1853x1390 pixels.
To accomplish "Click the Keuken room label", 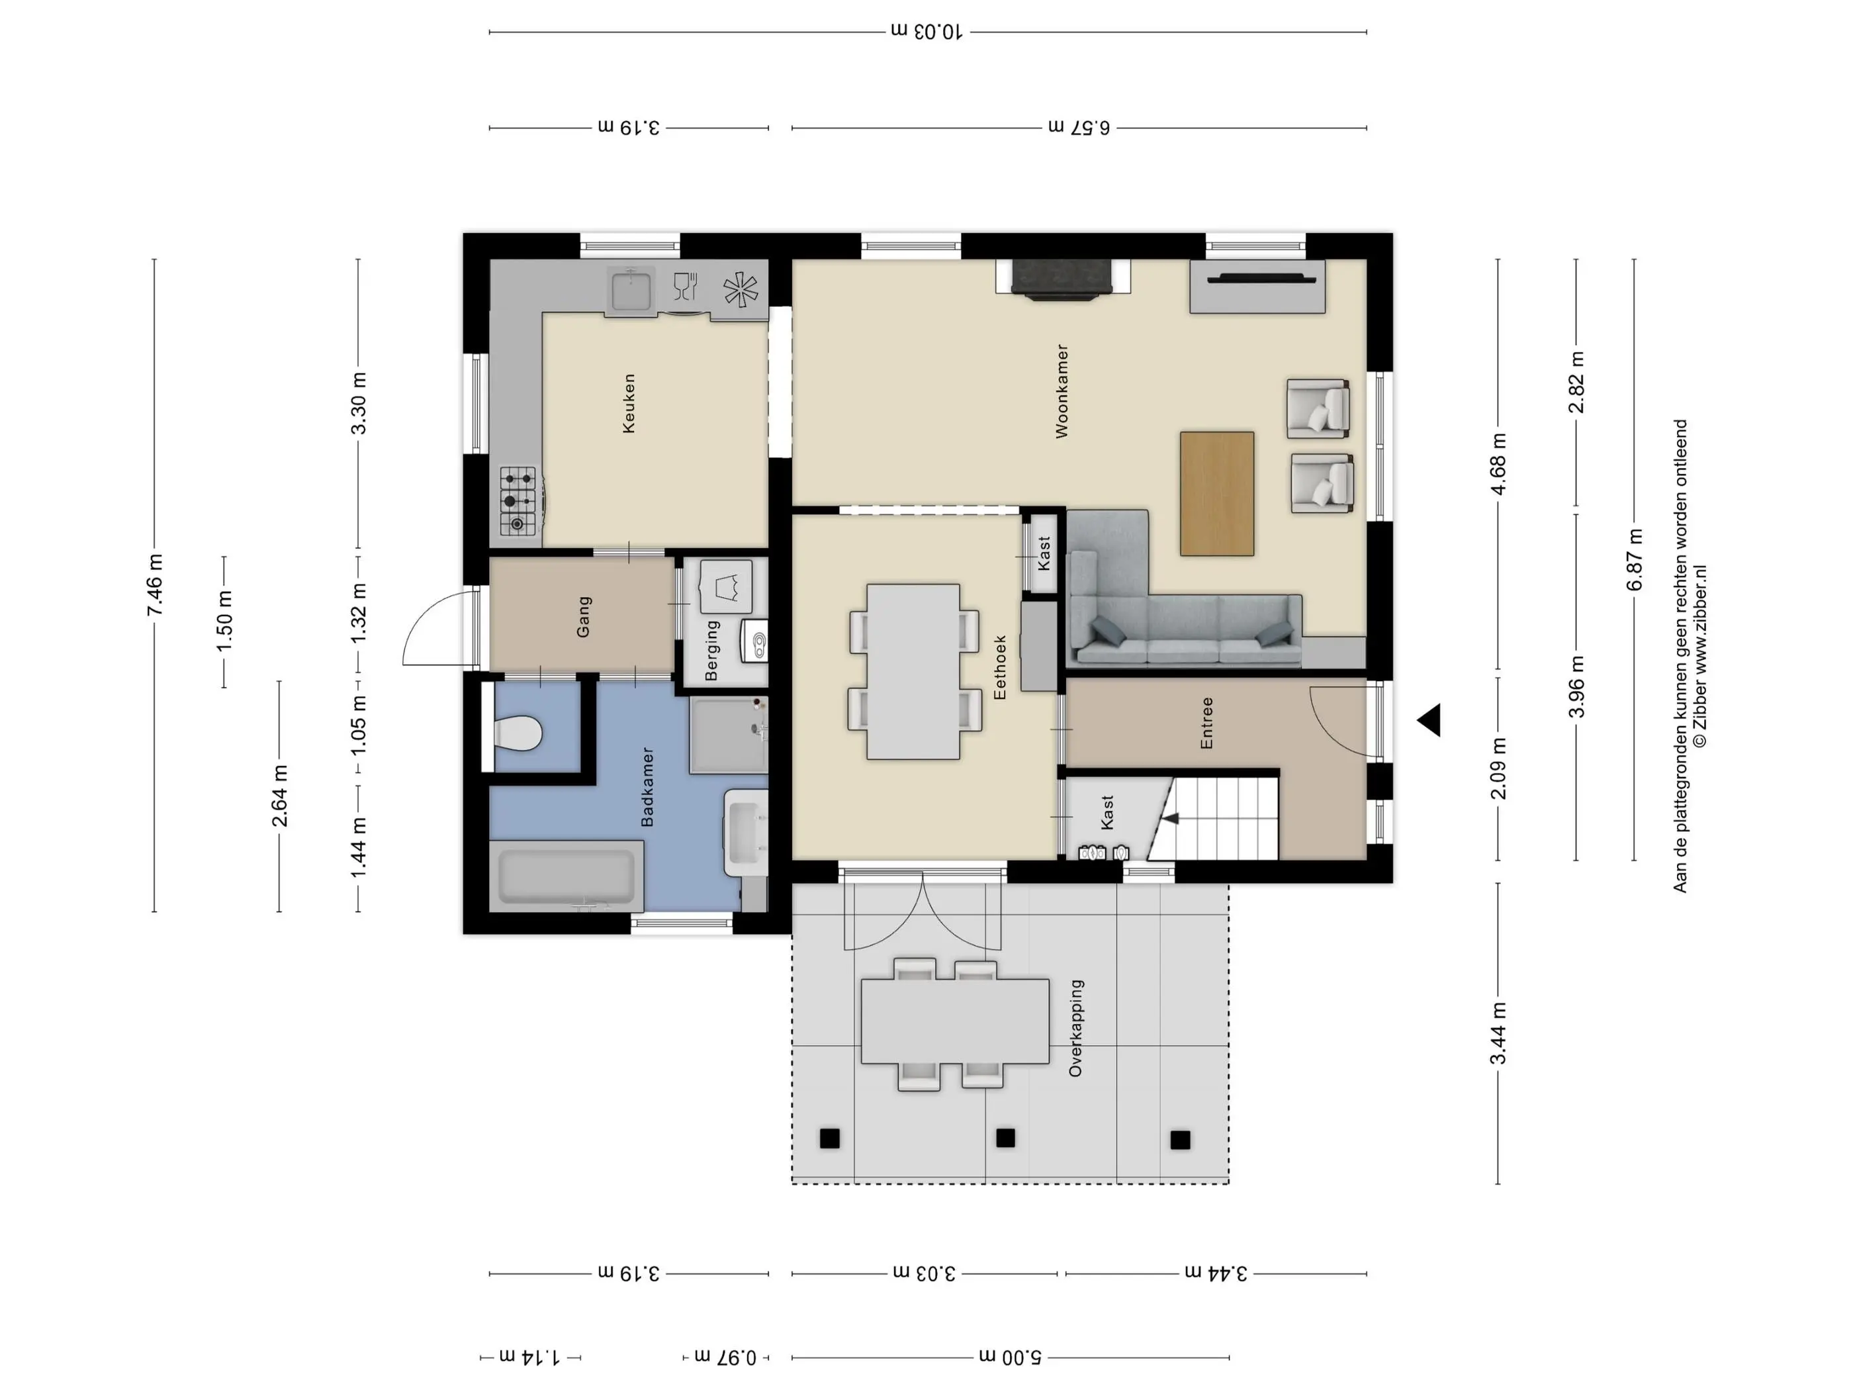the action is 629,403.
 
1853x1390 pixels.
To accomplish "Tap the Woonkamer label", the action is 1062,391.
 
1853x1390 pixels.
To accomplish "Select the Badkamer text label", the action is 647,787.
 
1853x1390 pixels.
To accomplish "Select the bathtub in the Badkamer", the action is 567,876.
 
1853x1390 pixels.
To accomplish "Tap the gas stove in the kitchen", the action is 518,500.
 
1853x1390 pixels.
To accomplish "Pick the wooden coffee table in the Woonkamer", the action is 1217,494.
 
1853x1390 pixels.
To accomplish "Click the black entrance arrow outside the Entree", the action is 1429,719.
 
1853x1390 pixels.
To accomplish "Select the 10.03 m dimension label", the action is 926,32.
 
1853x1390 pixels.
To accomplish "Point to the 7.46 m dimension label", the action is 155,585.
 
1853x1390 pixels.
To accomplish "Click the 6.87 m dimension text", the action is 1635,560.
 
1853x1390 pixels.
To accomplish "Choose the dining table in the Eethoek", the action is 913,672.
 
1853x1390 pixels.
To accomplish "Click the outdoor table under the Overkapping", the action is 955,1021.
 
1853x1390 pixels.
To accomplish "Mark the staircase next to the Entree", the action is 1214,817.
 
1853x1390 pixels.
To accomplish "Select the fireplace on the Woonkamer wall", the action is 1063,277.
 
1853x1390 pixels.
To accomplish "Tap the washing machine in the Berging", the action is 725,586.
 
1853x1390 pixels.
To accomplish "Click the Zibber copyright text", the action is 1699,656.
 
